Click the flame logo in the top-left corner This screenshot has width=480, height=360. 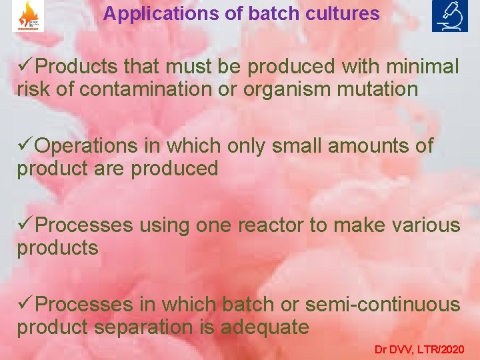(28, 16)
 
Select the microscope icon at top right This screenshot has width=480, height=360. (450, 16)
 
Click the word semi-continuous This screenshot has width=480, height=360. (383, 305)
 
